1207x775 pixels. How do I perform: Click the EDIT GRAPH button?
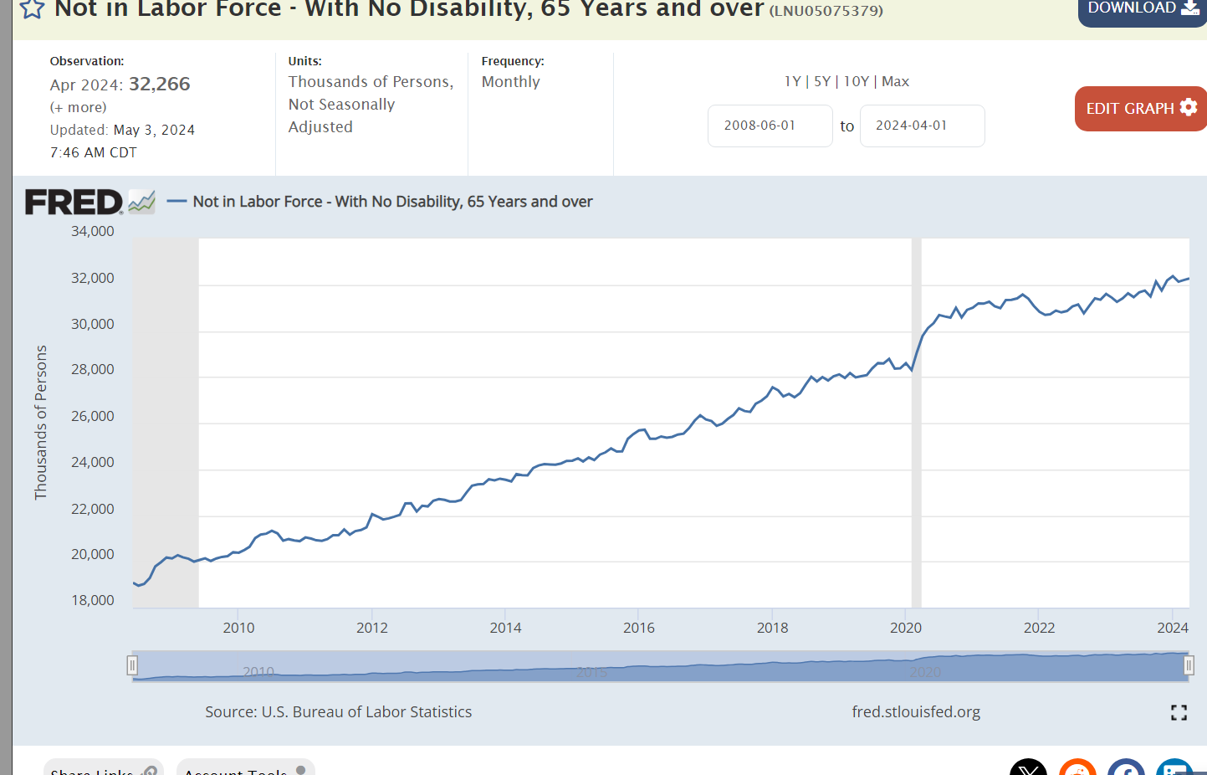point(1140,109)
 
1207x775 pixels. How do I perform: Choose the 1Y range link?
point(792,81)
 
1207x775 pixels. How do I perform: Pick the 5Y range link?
point(822,81)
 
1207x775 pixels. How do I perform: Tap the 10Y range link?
point(856,81)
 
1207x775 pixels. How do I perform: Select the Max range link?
point(895,81)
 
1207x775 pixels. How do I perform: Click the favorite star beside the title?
point(32,9)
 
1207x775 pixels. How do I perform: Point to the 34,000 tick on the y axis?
point(93,231)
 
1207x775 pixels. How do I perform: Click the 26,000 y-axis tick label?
point(93,416)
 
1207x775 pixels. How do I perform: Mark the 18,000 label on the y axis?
point(93,600)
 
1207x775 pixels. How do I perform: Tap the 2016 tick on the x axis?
point(639,628)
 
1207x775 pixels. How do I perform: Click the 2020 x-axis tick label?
point(906,628)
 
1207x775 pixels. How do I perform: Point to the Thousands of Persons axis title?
point(41,423)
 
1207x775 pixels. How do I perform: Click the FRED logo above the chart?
point(74,202)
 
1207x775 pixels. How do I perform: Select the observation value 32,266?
point(159,85)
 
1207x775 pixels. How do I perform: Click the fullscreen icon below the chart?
point(1179,712)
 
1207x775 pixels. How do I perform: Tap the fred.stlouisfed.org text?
point(916,712)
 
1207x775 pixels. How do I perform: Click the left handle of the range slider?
point(132,665)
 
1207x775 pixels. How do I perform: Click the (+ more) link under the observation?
point(79,107)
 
